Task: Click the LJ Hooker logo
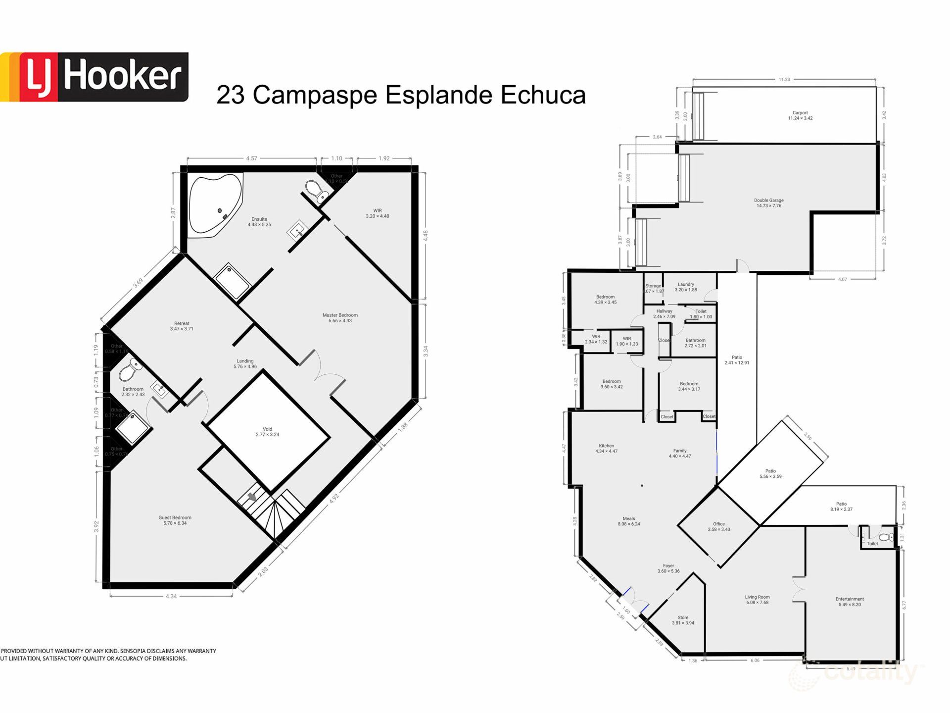pyautogui.click(x=94, y=77)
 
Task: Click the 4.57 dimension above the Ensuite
pyautogui.click(x=251, y=158)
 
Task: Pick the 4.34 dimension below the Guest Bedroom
pyautogui.click(x=171, y=597)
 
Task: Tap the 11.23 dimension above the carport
pyautogui.click(x=784, y=79)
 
